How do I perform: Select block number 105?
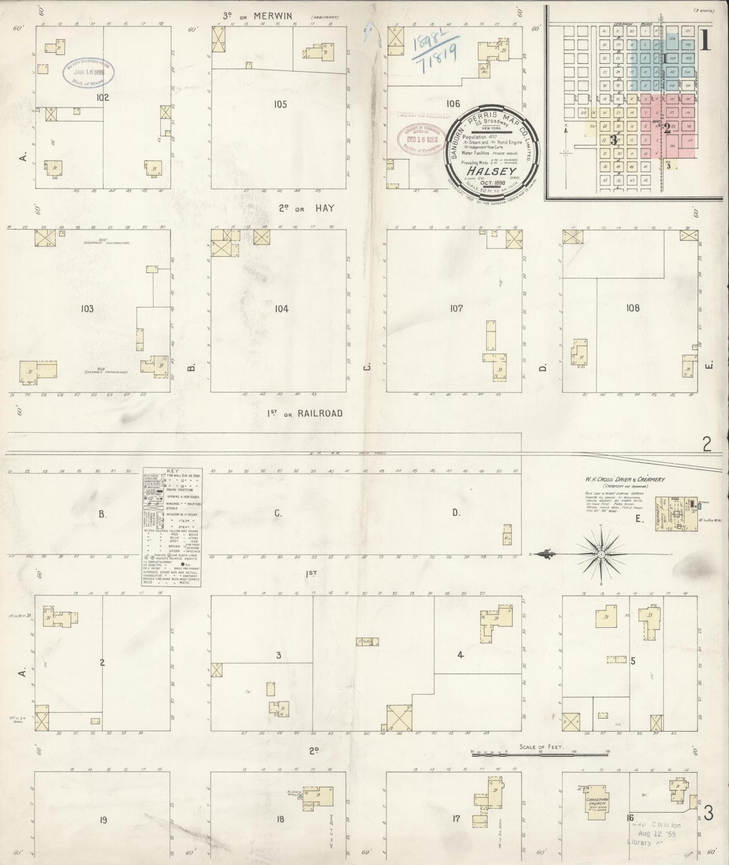(281, 104)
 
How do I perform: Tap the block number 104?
(282, 309)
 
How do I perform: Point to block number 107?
(456, 308)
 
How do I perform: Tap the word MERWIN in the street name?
(272, 16)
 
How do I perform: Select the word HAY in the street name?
(325, 208)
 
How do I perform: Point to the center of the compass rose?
(601, 554)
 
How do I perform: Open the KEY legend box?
(172, 526)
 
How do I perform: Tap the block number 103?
(87, 308)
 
